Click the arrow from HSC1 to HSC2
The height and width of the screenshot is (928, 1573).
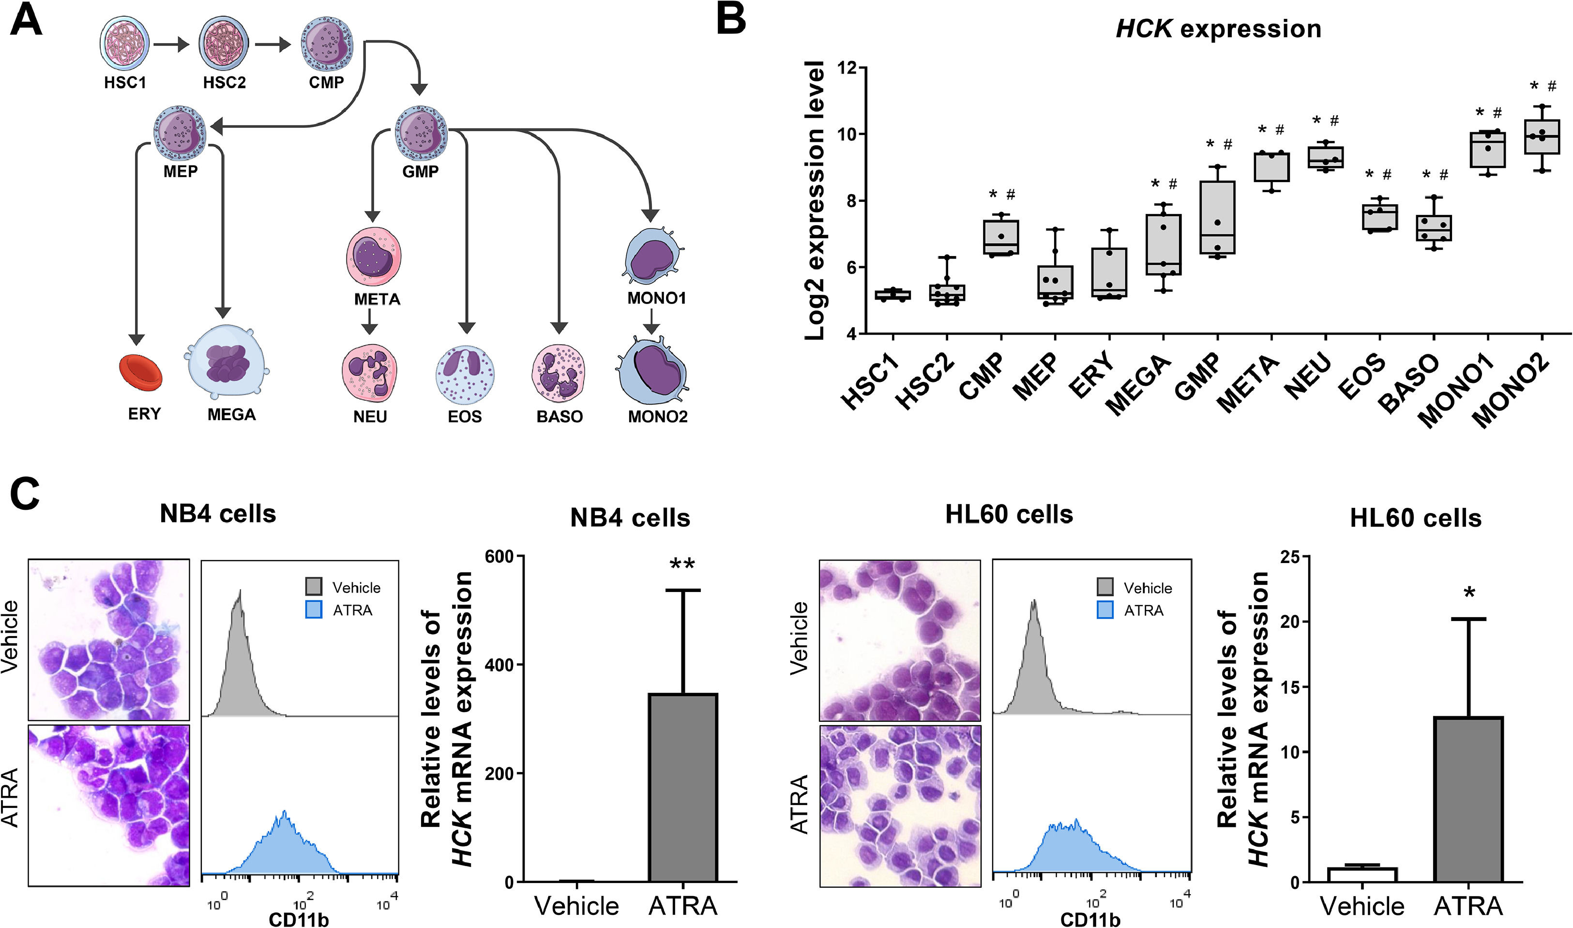[x=171, y=45]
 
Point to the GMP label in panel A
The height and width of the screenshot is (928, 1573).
[x=420, y=171]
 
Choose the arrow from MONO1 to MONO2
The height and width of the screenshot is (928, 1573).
[x=651, y=321]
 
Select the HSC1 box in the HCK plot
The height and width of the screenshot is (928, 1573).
[x=893, y=294]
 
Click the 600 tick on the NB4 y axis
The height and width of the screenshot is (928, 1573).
[x=499, y=557]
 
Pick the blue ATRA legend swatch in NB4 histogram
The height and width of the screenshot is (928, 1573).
[x=314, y=609]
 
